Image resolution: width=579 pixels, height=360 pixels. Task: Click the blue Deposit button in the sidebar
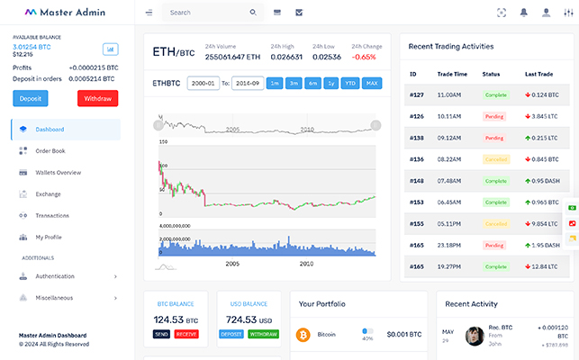(30, 98)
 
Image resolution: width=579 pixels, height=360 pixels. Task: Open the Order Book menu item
(50, 150)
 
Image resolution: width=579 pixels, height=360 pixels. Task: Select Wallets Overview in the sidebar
(59, 172)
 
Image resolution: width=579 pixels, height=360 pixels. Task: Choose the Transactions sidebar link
(52, 215)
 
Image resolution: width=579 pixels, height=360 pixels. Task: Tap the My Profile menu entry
(49, 237)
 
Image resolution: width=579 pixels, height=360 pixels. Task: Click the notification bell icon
(524, 13)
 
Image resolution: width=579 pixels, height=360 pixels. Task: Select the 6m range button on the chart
(312, 84)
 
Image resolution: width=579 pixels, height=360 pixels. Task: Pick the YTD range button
(351, 84)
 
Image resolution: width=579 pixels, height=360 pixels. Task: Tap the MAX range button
(372, 84)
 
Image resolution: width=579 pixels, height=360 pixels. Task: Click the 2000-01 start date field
(203, 84)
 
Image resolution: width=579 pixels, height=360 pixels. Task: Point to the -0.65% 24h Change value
(365, 57)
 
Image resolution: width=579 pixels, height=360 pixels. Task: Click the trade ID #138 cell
(417, 138)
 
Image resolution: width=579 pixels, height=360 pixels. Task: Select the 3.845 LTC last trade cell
(542, 116)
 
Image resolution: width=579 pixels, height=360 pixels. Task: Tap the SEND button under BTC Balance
(162, 334)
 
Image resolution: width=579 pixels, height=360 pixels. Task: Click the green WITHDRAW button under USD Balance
(263, 334)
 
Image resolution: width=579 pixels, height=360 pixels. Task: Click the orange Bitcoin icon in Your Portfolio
(303, 334)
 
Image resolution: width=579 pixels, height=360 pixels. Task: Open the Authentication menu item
(55, 275)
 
